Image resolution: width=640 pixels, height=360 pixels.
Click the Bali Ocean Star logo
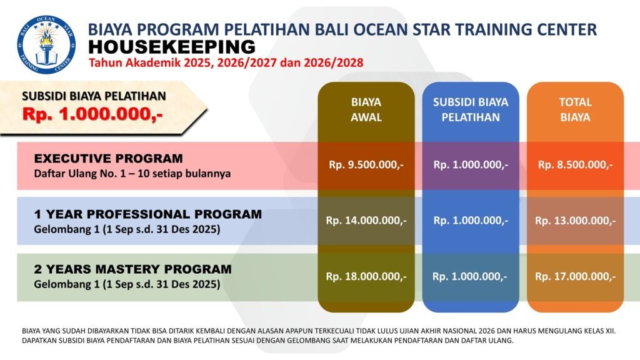[x=46, y=44]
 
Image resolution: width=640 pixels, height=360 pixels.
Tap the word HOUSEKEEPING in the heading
[x=172, y=47]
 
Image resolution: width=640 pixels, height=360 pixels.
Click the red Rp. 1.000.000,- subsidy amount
[x=92, y=114]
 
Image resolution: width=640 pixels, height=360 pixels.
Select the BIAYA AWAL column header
[x=366, y=109]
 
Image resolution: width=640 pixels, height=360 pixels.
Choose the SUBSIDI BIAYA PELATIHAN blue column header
[x=471, y=109]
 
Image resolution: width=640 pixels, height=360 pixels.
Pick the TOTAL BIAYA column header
[x=575, y=109]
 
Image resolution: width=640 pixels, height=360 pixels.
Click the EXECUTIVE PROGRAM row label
[x=109, y=158]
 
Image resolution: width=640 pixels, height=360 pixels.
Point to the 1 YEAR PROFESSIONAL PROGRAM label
[x=147, y=214]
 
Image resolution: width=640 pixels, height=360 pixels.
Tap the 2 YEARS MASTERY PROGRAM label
[x=132, y=269]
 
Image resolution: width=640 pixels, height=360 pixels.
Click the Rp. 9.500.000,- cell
[x=366, y=165]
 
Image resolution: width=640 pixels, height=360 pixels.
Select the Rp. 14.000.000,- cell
[x=366, y=221]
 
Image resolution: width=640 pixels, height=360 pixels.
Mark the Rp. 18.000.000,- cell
[x=366, y=277]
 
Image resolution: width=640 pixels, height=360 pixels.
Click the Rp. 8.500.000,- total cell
[x=575, y=165]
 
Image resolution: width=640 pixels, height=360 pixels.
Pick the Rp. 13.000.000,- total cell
[x=575, y=221]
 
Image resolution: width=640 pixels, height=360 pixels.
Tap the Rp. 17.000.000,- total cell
[x=575, y=277]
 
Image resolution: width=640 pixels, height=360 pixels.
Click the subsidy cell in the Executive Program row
[x=471, y=165]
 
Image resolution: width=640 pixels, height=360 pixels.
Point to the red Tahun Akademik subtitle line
[x=226, y=63]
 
